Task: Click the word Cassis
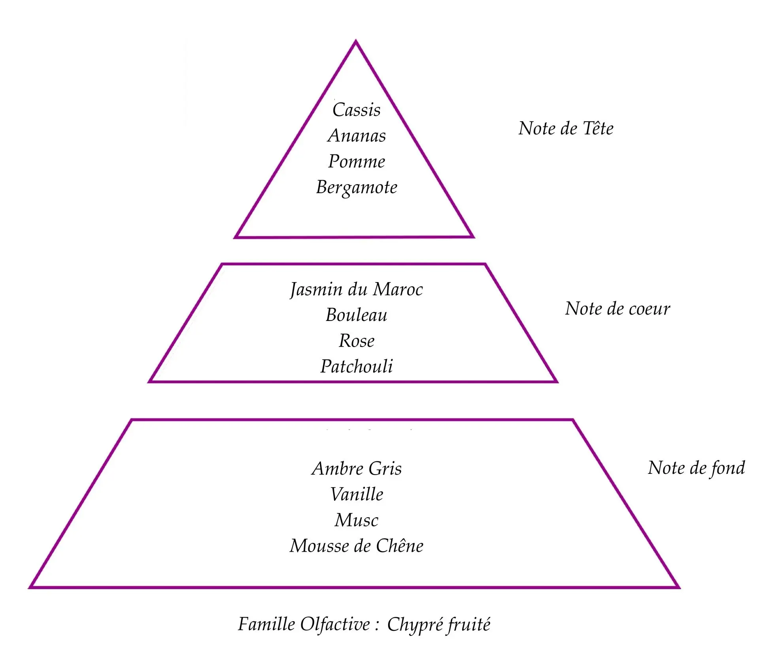tap(356, 110)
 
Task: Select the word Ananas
tap(357, 136)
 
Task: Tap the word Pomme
tap(357, 161)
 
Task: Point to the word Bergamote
tap(357, 187)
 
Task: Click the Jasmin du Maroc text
tap(356, 290)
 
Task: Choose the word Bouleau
tap(356, 315)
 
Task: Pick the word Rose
tap(356, 341)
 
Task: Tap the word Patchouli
tap(356, 366)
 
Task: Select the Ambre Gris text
tap(356, 469)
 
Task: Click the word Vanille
tap(357, 494)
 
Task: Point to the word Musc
tap(356, 520)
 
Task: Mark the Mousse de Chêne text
tap(356, 546)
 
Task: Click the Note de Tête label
tap(566, 128)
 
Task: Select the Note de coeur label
tap(617, 309)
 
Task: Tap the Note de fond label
tap(696, 468)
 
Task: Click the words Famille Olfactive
tap(304, 624)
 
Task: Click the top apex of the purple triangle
tap(356, 41)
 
